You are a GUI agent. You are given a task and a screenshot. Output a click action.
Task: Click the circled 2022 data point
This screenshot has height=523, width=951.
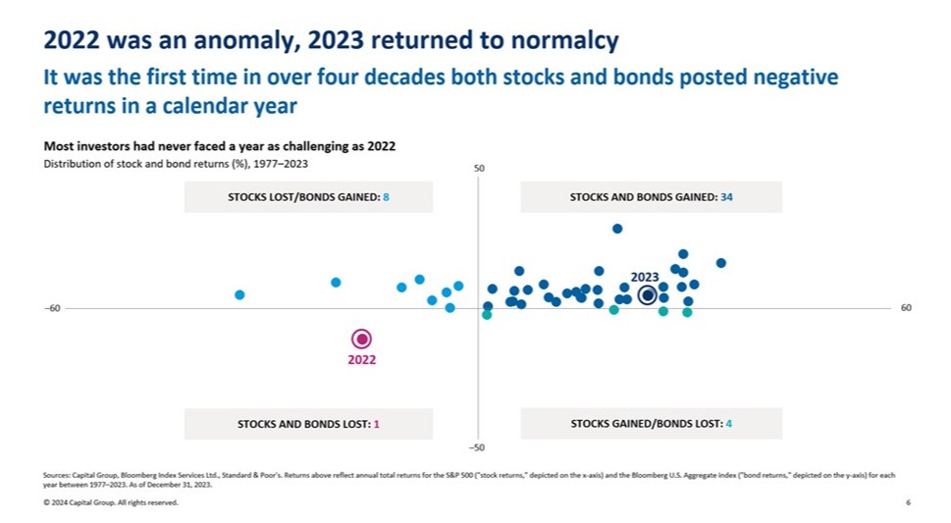tap(361, 339)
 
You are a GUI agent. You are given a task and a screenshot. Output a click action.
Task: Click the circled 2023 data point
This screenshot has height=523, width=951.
tap(647, 294)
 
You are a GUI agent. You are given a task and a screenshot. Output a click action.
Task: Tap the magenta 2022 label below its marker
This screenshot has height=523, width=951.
tap(361, 360)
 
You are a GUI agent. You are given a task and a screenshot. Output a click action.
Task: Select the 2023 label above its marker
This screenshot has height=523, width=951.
tap(645, 277)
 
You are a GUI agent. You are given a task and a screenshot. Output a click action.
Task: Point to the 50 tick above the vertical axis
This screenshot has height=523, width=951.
tap(480, 169)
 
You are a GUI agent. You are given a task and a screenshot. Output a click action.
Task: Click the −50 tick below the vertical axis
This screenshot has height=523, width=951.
tap(478, 447)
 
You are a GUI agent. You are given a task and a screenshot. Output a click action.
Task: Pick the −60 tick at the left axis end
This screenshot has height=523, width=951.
tap(52, 308)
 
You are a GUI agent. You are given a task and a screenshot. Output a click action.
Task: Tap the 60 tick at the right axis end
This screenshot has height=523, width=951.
tap(906, 308)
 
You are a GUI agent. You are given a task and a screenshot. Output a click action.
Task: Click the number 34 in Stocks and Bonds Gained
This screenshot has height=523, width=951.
tap(726, 197)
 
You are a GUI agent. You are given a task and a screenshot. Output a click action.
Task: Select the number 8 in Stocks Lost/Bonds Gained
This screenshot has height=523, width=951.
tap(386, 197)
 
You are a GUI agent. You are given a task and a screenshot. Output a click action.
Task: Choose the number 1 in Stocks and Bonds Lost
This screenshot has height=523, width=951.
tap(376, 424)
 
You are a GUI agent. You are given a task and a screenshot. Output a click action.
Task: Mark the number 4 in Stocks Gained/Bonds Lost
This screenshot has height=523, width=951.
tap(728, 424)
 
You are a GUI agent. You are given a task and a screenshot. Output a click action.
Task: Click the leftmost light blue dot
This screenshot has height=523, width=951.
tap(239, 294)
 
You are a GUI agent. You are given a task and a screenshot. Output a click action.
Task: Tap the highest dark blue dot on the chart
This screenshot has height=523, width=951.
tap(617, 229)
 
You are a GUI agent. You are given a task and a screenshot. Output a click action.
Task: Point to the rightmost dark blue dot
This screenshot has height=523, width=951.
tap(720, 263)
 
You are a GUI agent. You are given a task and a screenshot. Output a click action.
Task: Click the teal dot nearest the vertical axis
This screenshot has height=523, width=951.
tap(487, 315)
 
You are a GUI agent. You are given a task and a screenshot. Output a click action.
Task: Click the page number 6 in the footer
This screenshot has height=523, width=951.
tap(908, 502)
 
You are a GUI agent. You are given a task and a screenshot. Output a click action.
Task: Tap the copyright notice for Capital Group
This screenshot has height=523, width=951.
tap(111, 502)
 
